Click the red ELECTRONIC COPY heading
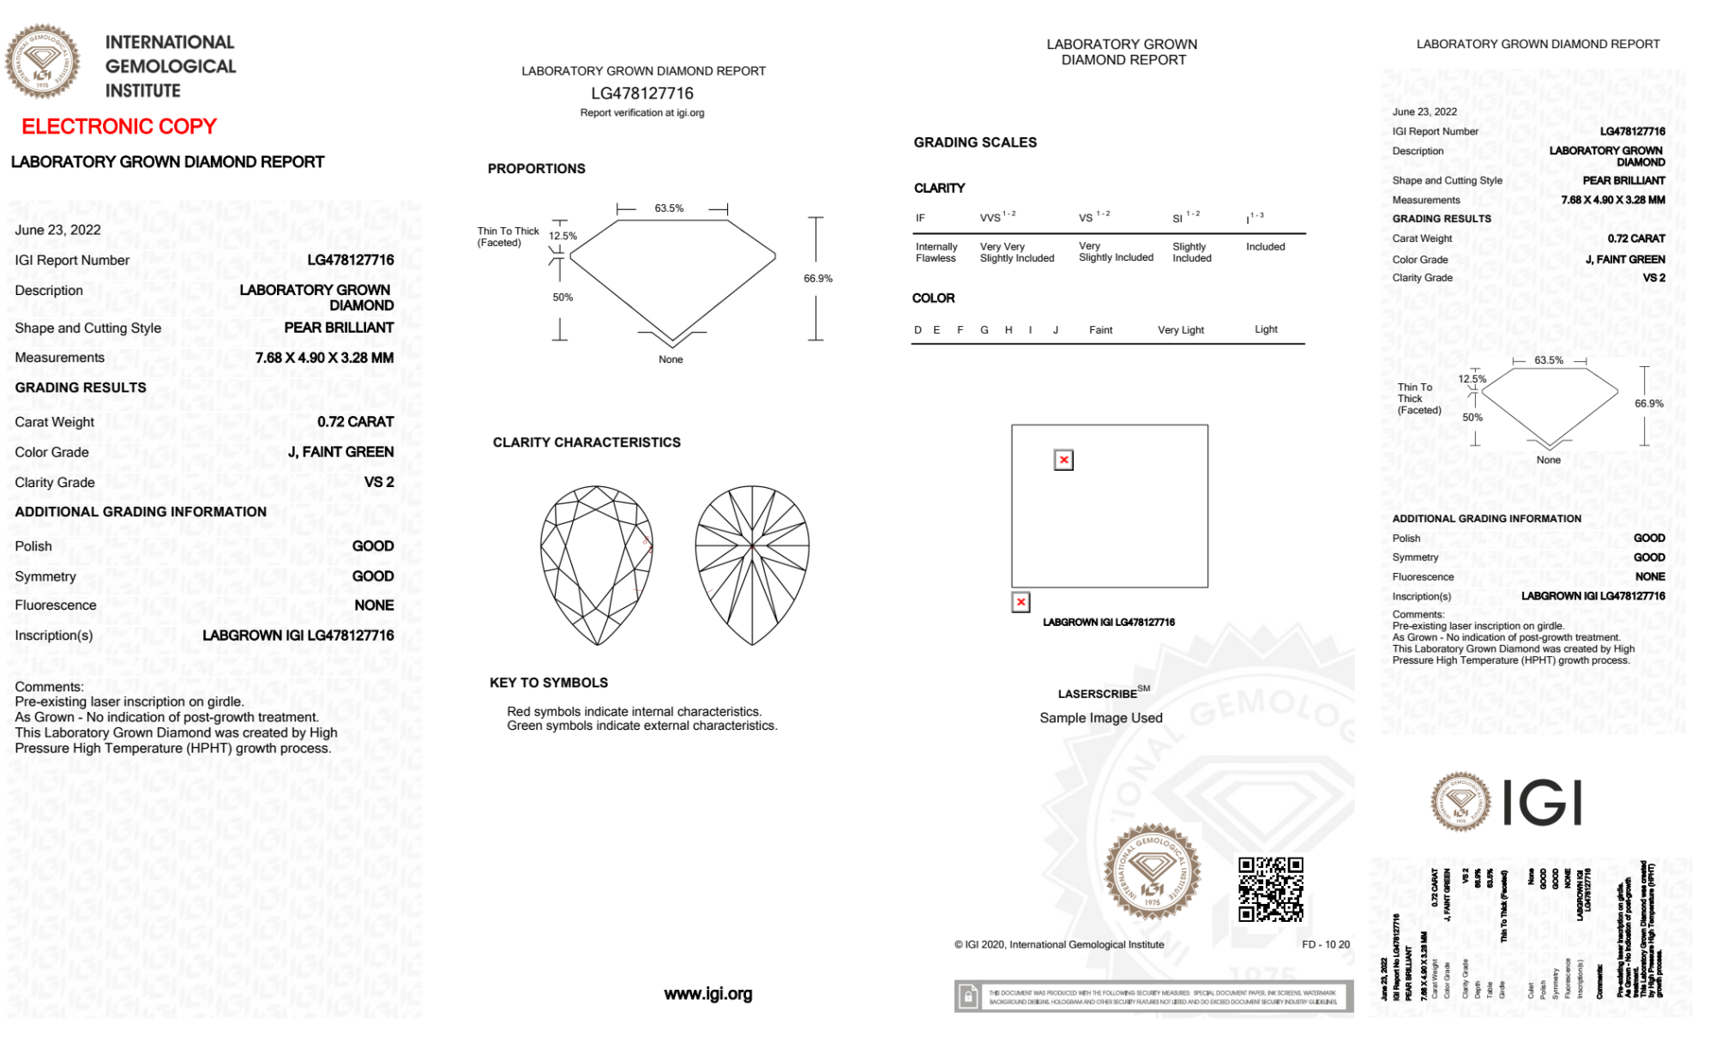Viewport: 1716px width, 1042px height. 119,127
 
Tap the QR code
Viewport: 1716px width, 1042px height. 1270,889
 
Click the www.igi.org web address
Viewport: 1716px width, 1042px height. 707,994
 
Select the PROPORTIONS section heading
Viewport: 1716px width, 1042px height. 536,169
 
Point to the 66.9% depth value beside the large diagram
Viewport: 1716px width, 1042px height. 817,279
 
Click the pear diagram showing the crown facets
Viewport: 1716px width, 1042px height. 597,564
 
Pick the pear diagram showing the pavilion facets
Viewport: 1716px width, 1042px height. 752,564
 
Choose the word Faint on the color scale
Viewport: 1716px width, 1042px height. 1100,330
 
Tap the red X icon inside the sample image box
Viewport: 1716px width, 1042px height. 1063,461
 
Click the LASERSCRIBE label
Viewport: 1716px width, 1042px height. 1097,694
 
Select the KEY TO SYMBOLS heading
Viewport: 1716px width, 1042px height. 549,683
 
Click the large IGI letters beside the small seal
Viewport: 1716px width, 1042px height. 1543,803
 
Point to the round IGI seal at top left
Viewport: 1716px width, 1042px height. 42,62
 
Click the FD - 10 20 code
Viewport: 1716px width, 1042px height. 1325,944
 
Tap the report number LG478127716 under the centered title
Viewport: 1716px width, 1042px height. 642,93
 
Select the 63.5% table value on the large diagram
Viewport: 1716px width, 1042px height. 669,208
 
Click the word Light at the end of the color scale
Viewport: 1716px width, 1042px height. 1266,329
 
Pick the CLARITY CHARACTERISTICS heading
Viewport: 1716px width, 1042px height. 587,443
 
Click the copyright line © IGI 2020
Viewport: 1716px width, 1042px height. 1059,944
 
